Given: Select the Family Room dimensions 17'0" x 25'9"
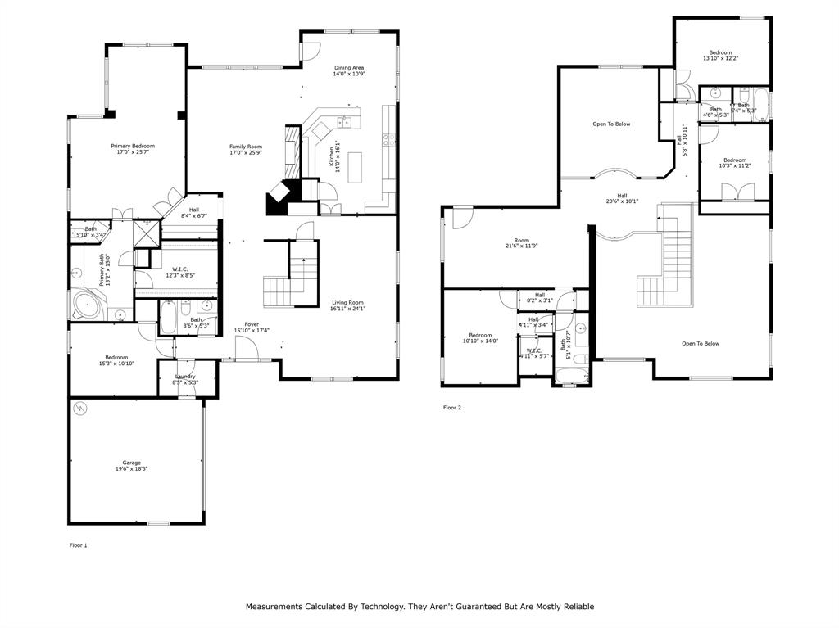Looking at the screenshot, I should [x=245, y=152].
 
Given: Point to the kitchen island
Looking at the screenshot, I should [x=355, y=168].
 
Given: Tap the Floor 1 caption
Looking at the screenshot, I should [x=78, y=544].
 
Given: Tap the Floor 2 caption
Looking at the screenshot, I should [x=452, y=407].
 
